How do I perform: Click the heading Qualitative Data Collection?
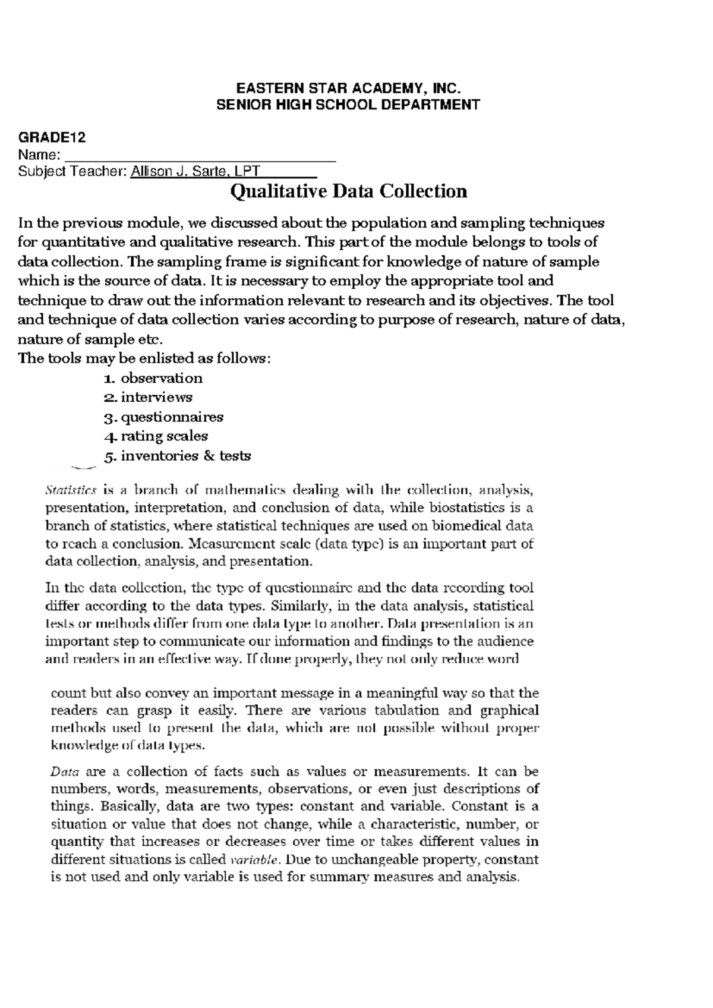348,191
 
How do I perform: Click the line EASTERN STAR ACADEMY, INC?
348,89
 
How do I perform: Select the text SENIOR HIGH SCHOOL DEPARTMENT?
348,105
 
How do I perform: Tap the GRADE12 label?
52,138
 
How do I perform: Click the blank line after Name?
200,157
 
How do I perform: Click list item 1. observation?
153,378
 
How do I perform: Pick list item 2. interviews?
148,397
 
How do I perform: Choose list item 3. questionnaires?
163,417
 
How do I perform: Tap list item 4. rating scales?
156,436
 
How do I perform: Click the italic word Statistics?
70,490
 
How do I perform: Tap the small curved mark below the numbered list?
82,468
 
